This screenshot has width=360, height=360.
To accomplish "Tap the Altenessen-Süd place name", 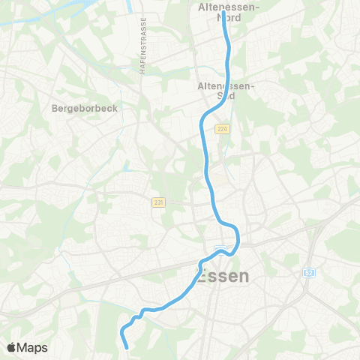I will pyautogui.click(x=226, y=91).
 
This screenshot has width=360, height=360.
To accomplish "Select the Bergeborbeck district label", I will pyautogui.click(x=85, y=108).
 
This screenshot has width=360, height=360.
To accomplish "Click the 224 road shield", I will pyautogui.click(x=221, y=129).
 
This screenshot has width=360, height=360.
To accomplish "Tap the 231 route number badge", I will pyautogui.click(x=157, y=202).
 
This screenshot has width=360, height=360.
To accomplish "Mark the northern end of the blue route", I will pyautogui.click(x=223, y=13).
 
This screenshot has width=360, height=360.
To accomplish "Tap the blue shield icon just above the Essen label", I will pyautogui.click(x=220, y=250).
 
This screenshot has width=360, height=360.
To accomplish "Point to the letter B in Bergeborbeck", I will pyautogui.click(x=55, y=108).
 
